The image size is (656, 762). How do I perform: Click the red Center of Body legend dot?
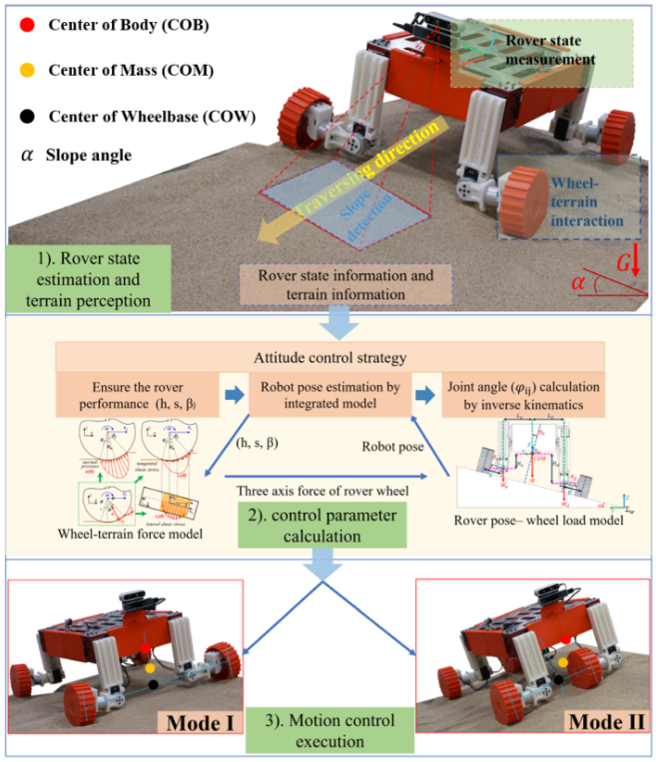[x=27, y=24]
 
